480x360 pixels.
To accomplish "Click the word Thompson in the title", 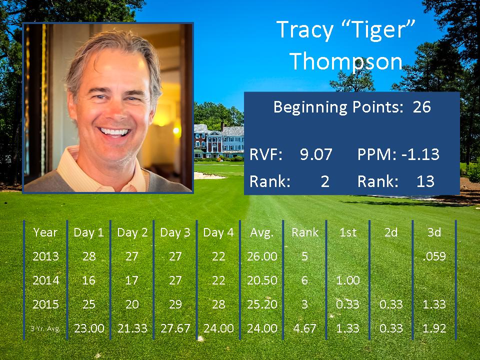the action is (x=345, y=61).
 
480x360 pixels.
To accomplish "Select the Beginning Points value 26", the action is (x=421, y=107).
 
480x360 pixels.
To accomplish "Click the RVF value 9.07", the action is (x=316, y=154).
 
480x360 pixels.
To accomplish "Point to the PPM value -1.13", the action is (x=420, y=154).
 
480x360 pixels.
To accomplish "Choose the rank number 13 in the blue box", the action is (x=425, y=181).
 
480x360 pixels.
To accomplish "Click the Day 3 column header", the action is (x=175, y=232).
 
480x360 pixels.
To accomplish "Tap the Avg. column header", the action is (x=261, y=233).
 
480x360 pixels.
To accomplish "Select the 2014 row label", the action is (x=45, y=280).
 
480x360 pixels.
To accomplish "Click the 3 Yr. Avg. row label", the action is (x=45, y=329).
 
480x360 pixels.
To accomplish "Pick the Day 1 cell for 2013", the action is (x=89, y=256).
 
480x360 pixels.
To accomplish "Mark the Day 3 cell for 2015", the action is (x=175, y=304).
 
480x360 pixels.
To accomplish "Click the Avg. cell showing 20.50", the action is (x=262, y=280).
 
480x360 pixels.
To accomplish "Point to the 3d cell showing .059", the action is (x=434, y=256).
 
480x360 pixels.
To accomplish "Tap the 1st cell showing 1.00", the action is (x=348, y=280).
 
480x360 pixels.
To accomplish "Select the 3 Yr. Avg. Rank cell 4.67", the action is (x=304, y=328).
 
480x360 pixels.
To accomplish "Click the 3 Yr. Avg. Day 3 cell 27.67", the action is (x=175, y=328).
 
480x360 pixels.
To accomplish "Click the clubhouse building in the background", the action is (x=219, y=141).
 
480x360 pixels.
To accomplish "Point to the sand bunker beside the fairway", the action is (x=209, y=175).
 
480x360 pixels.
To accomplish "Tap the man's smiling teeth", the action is (x=114, y=132).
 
